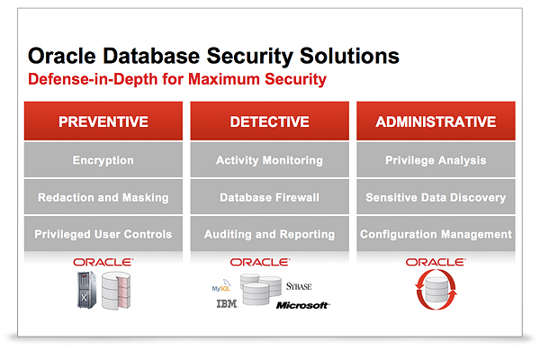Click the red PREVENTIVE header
[x=103, y=121]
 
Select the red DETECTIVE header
[x=269, y=121]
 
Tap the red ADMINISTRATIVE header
[x=436, y=121]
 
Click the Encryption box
[x=103, y=160]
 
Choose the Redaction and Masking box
[x=103, y=197]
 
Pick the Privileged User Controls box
[x=103, y=234]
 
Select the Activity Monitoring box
[x=269, y=160]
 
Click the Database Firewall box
[x=269, y=197]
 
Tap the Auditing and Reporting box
[x=269, y=234]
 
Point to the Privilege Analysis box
[x=436, y=160]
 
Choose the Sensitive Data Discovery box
[x=436, y=197]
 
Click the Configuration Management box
[x=436, y=234]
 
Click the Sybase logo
[x=299, y=286]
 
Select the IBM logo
[x=228, y=305]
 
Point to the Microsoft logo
[x=302, y=306]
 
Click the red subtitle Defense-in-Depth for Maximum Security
[x=177, y=80]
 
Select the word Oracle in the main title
[x=63, y=56]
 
